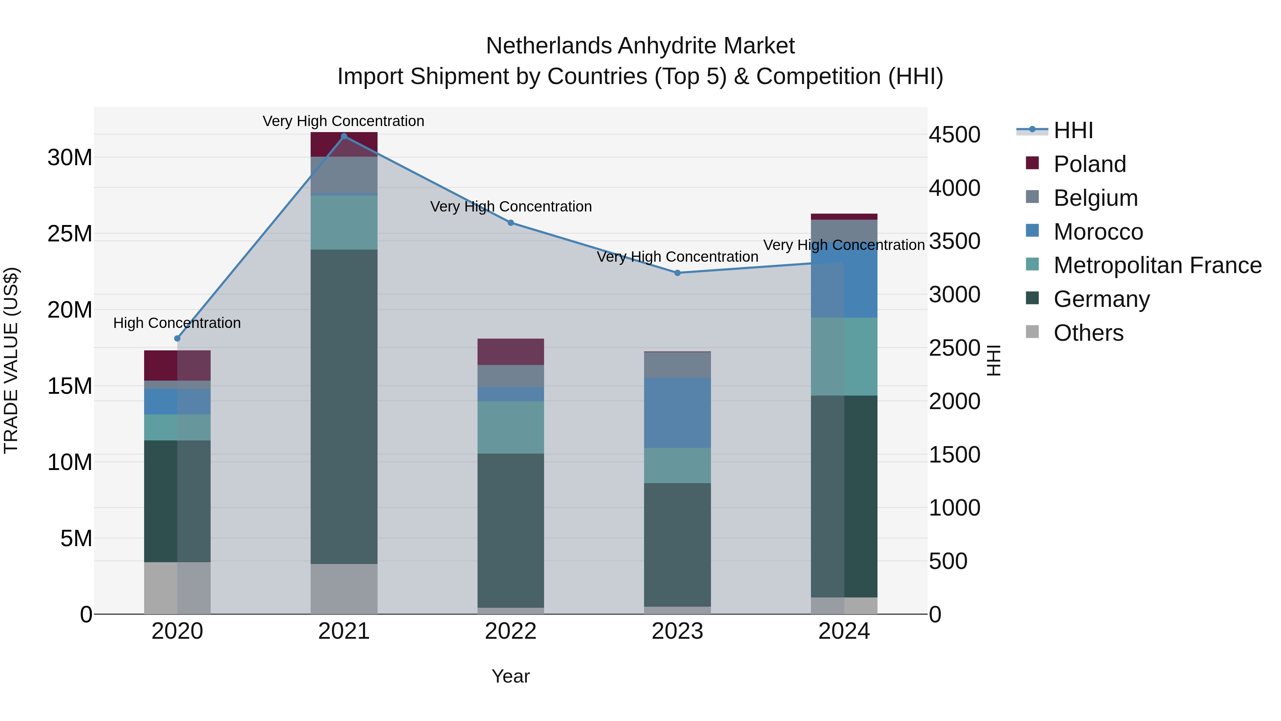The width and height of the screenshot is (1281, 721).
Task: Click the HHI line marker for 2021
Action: [344, 136]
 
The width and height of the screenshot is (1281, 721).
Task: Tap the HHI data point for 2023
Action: [677, 273]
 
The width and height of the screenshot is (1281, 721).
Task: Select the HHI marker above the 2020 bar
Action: [178, 338]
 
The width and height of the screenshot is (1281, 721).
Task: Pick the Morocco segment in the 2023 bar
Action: [677, 413]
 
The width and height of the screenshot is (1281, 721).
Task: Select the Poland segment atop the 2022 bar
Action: [511, 351]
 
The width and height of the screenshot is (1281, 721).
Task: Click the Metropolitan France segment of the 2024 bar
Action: [844, 356]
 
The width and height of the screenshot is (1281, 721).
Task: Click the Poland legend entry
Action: [1089, 164]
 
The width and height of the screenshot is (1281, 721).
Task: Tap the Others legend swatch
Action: [1032, 332]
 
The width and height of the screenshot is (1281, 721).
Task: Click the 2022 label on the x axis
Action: [511, 631]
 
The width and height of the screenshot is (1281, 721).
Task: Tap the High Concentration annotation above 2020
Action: [177, 323]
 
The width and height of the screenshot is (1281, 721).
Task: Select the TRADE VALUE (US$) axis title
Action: [11, 360]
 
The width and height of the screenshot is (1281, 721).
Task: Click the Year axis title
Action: [511, 676]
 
